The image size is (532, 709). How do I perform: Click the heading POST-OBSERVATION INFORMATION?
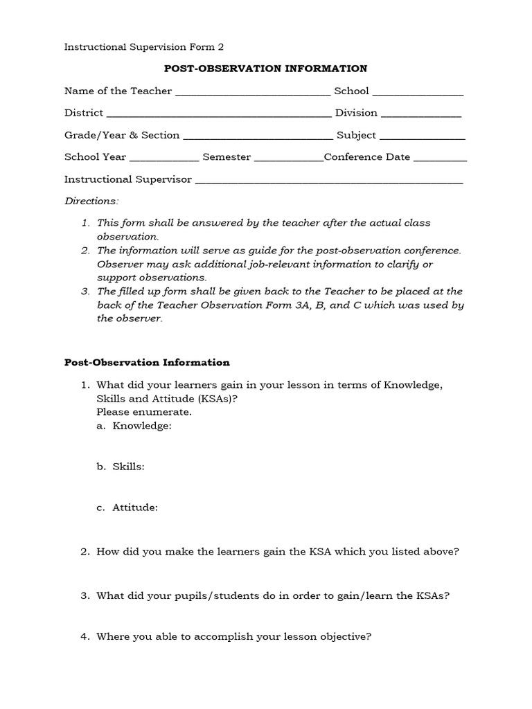point(265,69)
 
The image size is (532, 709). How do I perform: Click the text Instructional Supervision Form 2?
point(144,47)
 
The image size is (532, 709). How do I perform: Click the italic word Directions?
point(91,201)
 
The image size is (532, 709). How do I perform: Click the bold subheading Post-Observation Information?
point(147,362)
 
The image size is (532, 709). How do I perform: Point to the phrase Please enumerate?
point(144,412)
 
